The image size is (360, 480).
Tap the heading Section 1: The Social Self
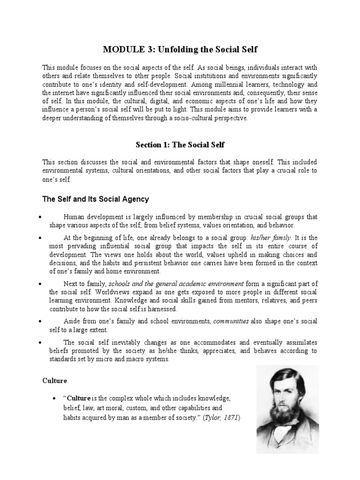tap(180, 145)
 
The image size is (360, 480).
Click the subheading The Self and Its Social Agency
tap(96, 199)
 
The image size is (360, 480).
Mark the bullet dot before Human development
tap(42, 217)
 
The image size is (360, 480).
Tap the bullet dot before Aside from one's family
tap(42, 321)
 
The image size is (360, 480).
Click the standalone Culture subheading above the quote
tap(55, 381)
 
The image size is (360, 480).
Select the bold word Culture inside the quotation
tap(78, 398)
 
